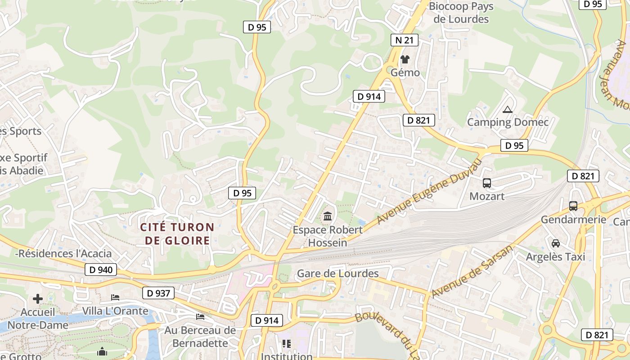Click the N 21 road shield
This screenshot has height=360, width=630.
(x=404, y=40)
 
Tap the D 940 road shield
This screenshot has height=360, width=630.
(x=101, y=270)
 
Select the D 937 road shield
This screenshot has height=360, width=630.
(x=159, y=293)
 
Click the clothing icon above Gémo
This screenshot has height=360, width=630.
(x=405, y=59)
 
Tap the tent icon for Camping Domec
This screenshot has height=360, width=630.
(x=508, y=109)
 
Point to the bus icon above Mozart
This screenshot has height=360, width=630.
(x=487, y=183)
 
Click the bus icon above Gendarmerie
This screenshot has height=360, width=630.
(x=573, y=206)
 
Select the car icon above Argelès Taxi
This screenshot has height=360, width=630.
(x=556, y=243)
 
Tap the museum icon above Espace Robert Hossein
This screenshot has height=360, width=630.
(x=328, y=216)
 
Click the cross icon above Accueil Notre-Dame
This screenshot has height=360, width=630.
(x=38, y=299)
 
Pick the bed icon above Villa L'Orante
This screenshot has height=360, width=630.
(x=115, y=297)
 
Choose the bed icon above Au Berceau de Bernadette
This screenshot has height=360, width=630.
(x=200, y=317)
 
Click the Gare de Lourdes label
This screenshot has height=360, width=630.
(x=338, y=273)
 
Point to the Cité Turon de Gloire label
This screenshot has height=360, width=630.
(x=177, y=234)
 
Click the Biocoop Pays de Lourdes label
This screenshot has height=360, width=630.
(x=461, y=13)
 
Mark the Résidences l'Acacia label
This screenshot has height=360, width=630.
(x=63, y=253)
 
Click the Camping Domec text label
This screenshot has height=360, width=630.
(x=508, y=122)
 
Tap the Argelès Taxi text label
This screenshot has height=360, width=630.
(x=556, y=256)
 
